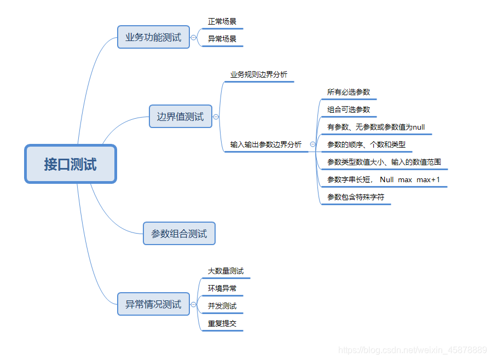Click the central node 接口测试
(71, 164)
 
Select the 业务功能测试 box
(153, 37)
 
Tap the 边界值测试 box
(180, 117)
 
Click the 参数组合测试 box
(179, 234)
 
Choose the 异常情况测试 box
(153, 304)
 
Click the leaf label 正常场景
(222, 22)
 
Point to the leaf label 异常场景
(222, 39)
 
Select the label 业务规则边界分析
(258, 74)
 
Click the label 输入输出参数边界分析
(265, 144)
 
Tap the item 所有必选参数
(349, 92)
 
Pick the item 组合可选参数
(349, 109)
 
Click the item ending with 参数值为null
(376, 127)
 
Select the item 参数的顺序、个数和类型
(366, 144)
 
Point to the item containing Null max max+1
(384, 179)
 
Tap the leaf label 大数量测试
(225, 271)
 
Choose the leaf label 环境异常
(222, 288)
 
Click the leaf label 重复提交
(222, 323)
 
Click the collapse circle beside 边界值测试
(216, 117)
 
